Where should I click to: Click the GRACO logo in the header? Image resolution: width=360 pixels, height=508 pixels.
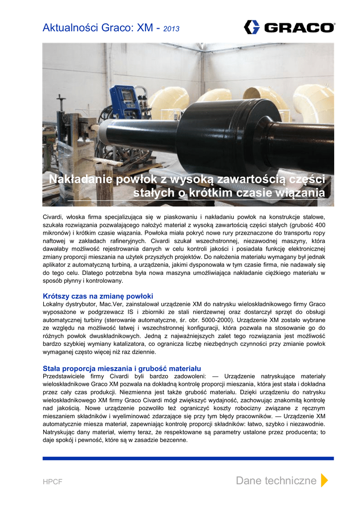coord(289,27)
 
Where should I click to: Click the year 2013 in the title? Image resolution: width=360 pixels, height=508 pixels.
coord(171,29)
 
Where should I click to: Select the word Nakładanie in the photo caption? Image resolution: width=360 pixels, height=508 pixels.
coord(74,179)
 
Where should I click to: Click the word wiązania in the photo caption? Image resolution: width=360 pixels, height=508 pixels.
coord(301,192)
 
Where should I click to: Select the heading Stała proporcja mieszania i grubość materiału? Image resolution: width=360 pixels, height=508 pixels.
coord(122,368)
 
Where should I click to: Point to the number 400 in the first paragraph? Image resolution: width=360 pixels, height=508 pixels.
coord(320,225)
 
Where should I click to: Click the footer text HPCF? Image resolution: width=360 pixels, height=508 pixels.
coord(52,481)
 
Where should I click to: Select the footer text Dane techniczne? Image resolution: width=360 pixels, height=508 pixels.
coord(276,480)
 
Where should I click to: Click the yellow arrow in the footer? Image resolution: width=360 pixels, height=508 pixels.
coord(324,480)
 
